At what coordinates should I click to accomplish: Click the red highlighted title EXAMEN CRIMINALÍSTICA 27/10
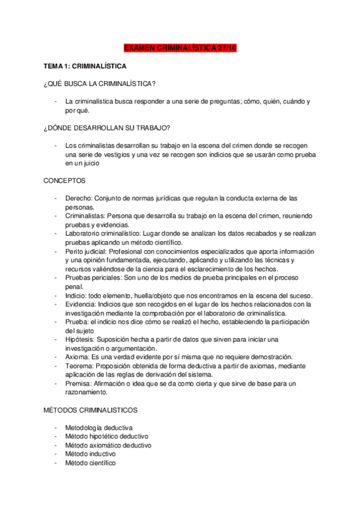[180, 47]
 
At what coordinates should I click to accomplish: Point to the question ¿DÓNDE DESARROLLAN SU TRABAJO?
[106, 127]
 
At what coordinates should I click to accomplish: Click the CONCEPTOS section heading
[64, 180]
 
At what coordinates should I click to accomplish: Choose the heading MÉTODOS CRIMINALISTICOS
[90, 410]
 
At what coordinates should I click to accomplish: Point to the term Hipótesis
[80, 339]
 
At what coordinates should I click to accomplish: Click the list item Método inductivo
[90, 454]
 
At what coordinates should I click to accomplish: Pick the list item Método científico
[91, 463]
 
